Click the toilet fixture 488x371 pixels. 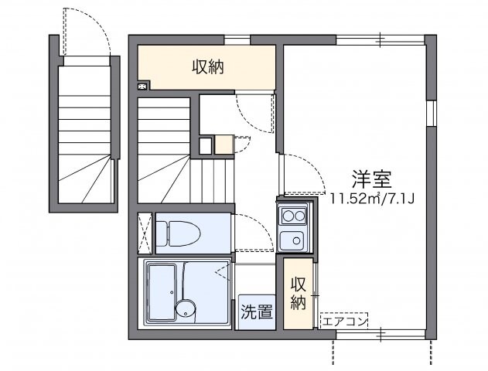pyautogui.click(x=179, y=233)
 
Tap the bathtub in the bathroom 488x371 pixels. pyautogui.click(x=162, y=291)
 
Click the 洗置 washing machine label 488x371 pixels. pyautogui.click(x=257, y=311)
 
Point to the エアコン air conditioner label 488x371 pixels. pyautogui.click(x=344, y=322)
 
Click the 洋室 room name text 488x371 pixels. pyautogui.click(x=371, y=179)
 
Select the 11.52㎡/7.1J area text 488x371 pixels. pyautogui.click(x=372, y=198)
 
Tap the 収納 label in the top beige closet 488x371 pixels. pyautogui.click(x=207, y=67)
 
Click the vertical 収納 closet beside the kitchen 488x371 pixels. pyautogui.click(x=299, y=293)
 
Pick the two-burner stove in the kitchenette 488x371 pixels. pyautogui.click(x=293, y=216)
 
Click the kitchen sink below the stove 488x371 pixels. pyautogui.click(x=292, y=240)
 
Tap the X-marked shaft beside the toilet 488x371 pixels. pyautogui.click(x=145, y=233)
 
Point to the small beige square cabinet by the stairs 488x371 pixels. pyautogui.click(x=224, y=145)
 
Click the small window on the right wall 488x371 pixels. pyautogui.click(x=431, y=113)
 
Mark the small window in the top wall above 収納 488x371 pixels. pyautogui.click(x=237, y=40)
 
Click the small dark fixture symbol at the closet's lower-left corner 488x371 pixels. pyautogui.click(x=142, y=87)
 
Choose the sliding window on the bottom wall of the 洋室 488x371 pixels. pyautogui.click(x=381, y=335)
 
